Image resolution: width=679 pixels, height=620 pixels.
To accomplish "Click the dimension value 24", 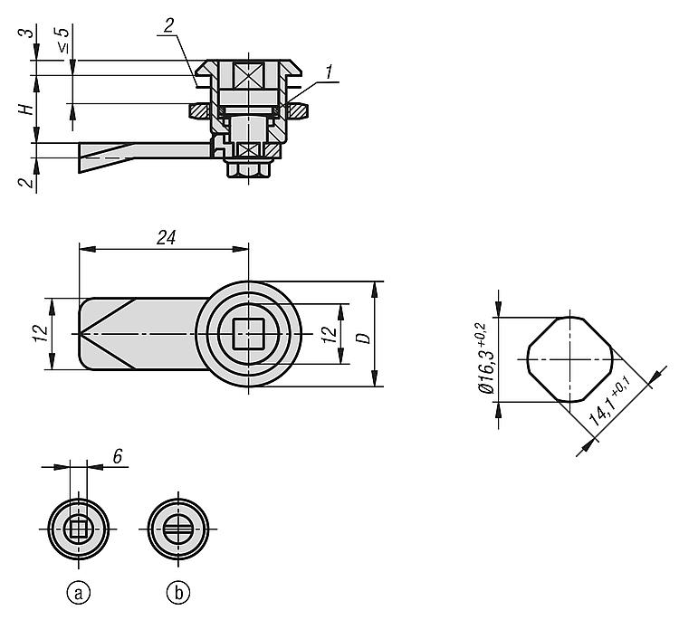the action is (167, 238).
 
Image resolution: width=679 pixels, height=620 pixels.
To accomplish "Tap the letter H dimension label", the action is (26, 110).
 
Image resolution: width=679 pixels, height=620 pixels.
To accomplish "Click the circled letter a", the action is (79, 593).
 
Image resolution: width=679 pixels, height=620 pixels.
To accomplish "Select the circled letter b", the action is (178, 593).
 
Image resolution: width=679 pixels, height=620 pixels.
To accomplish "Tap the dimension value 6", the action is (118, 456).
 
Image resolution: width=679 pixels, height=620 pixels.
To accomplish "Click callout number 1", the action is (330, 72).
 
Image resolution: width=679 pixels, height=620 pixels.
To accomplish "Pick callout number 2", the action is (168, 26).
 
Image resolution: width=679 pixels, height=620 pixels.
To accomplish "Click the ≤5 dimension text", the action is (62, 40).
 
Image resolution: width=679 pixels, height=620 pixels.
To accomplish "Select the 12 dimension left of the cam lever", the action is (41, 334).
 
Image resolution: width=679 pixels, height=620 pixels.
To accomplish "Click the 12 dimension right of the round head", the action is (330, 335).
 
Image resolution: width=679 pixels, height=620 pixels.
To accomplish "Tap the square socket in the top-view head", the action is (249, 333).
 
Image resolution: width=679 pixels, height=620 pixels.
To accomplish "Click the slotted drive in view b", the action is (178, 529).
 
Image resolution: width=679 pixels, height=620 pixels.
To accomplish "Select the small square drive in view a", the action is (79, 529).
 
